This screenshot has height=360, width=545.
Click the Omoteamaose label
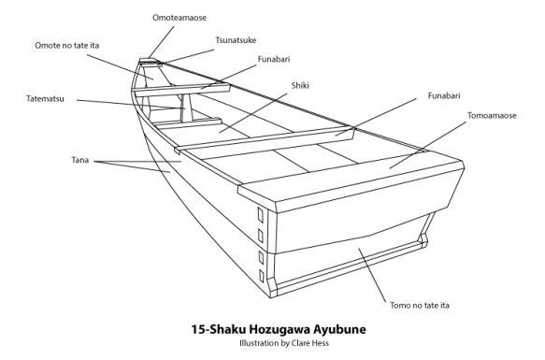tap(179, 18)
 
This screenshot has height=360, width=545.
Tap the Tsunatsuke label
tap(236, 40)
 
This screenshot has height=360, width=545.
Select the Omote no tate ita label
tap(66, 46)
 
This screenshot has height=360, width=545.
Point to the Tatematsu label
tap(45, 99)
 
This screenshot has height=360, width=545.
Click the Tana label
tap(80, 160)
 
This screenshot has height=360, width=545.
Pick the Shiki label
tap(300, 86)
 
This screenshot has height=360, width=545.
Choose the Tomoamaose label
tap(492, 115)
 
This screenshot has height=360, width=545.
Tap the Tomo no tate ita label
tap(420, 306)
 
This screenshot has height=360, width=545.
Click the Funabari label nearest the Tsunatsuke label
tap(274, 60)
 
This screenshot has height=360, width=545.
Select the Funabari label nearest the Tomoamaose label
tap(444, 96)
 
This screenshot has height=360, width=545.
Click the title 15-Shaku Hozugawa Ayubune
tap(279, 329)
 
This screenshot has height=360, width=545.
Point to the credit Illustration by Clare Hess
tap(284, 343)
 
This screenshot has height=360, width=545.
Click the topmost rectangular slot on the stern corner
tap(260, 214)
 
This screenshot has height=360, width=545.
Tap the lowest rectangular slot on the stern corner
tap(262, 276)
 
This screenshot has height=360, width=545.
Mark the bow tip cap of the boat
tap(150, 62)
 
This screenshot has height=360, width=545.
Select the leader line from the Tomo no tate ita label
tap(372, 275)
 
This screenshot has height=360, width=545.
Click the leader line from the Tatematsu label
tap(132, 105)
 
